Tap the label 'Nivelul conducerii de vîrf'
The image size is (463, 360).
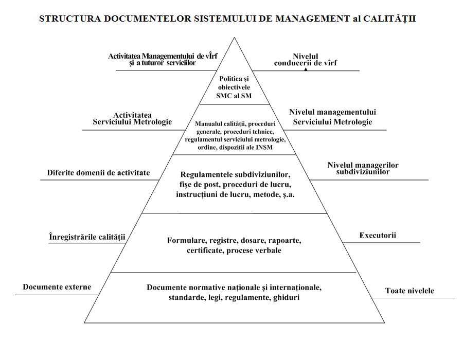click(x=306, y=60)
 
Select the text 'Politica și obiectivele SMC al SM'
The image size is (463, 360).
click(x=235, y=87)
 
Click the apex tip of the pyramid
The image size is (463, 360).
click(x=235, y=38)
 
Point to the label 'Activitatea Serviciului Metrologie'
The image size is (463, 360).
click(x=132, y=118)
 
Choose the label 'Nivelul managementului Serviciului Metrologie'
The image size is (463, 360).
click(x=332, y=117)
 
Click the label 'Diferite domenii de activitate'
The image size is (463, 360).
click(x=99, y=173)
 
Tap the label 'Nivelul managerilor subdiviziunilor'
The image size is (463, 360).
click(x=363, y=169)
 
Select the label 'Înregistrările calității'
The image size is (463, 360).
click(x=87, y=237)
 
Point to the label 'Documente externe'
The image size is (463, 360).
click(x=57, y=287)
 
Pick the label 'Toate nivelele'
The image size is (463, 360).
click(x=409, y=291)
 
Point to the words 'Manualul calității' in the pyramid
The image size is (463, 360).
click(x=218, y=124)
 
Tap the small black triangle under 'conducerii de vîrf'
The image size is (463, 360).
click(x=306, y=68)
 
